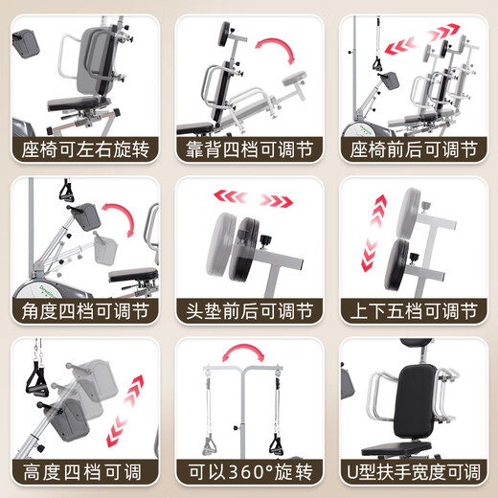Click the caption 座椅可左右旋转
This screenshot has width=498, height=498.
85,149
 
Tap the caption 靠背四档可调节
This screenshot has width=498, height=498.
249,149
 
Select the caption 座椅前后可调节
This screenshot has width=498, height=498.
414,149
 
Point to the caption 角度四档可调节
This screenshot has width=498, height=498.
85,311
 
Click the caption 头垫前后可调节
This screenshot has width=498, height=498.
249,311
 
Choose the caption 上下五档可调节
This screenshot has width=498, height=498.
414,311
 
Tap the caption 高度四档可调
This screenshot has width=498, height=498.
82,472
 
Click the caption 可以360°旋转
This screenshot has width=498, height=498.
250,472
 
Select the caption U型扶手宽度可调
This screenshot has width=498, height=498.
414,472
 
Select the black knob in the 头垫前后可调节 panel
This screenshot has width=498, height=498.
265,239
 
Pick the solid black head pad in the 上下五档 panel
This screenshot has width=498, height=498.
397,265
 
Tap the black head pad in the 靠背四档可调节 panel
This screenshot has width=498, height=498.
225,34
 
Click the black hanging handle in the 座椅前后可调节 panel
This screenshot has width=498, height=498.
378,64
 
